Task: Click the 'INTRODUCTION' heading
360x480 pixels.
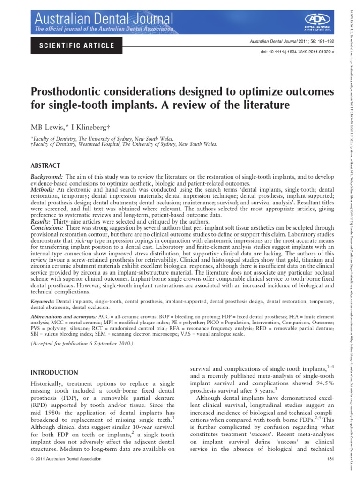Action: [x=54, y=360]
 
